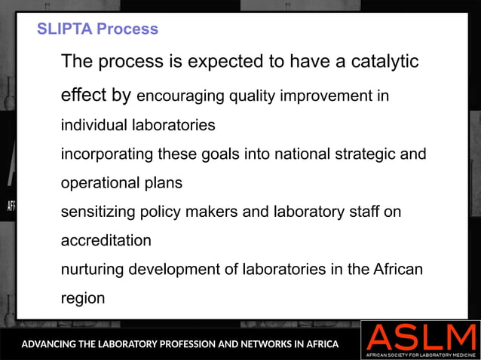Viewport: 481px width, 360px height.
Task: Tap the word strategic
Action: (362, 154)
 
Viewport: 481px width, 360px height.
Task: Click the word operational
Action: (99, 183)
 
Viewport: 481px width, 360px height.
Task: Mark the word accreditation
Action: (106, 241)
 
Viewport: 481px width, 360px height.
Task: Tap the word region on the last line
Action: (83, 298)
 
